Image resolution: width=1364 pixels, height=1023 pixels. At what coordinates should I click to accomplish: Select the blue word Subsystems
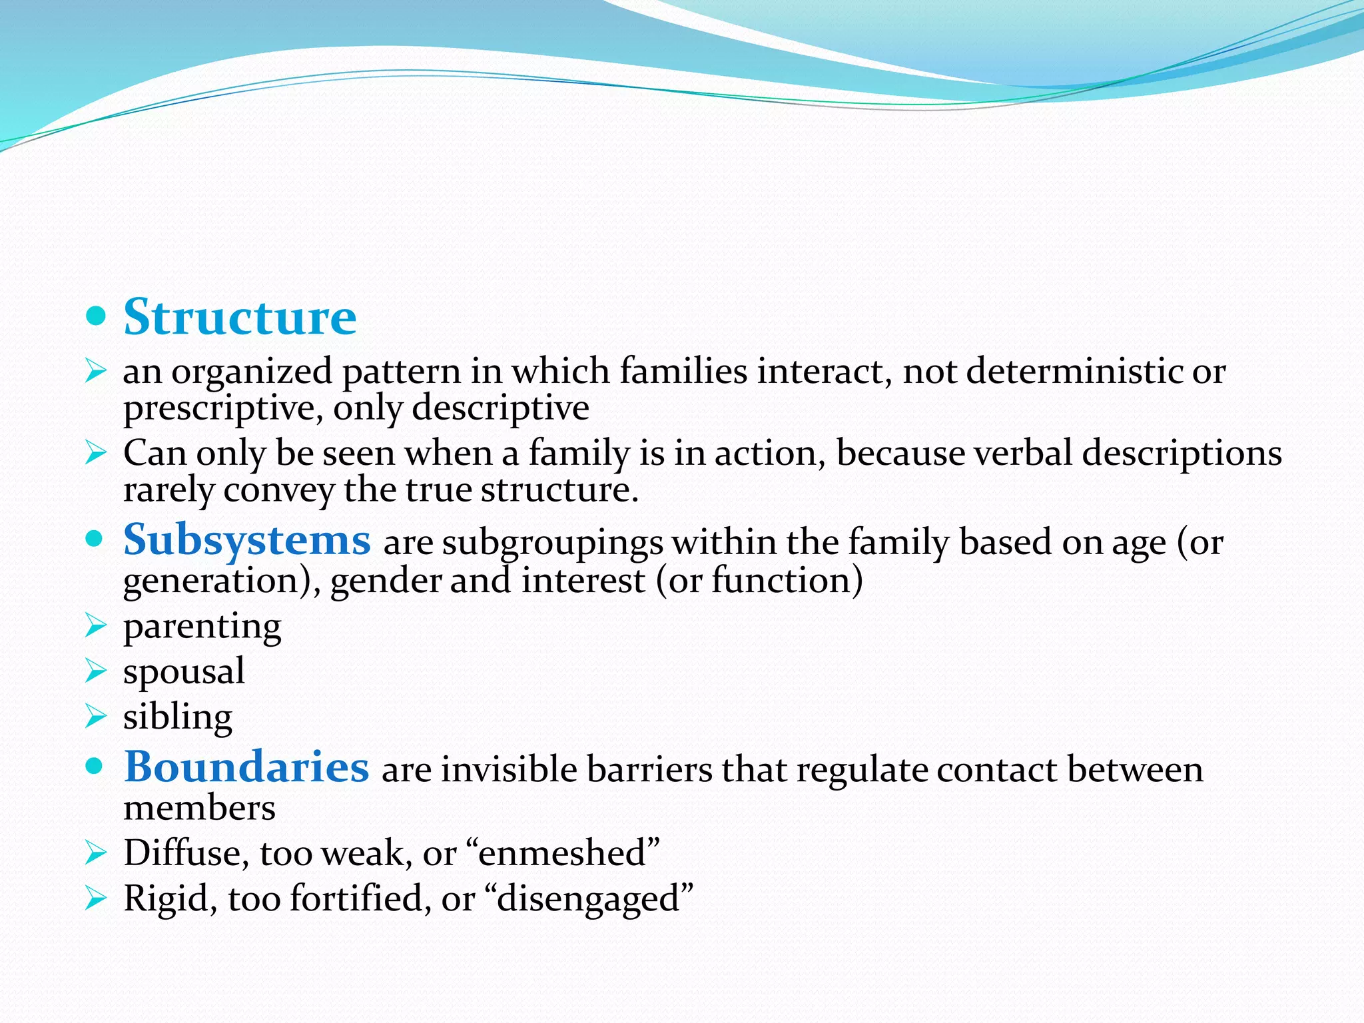coord(246,539)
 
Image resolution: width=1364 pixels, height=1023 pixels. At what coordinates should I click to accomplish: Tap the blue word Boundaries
coord(246,767)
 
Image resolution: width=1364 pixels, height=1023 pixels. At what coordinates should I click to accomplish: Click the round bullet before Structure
coord(96,316)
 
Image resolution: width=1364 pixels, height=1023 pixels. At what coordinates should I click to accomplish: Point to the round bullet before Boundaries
coord(96,767)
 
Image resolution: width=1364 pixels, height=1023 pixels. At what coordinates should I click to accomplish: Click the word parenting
coord(202,627)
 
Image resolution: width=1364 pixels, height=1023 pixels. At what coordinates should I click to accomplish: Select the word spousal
coord(184,671)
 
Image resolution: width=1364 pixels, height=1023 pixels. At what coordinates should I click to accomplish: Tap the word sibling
coord(177,717)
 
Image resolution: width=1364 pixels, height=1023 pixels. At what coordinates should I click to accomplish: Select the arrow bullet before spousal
coord(96,671)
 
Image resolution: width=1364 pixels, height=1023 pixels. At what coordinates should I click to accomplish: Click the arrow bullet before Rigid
coord(96,899)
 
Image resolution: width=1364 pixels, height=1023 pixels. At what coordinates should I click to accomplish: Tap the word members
coord(199,808)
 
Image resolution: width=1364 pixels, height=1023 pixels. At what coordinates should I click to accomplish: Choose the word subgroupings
coord(553,543)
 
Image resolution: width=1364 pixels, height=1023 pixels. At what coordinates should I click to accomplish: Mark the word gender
coord(386,581)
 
